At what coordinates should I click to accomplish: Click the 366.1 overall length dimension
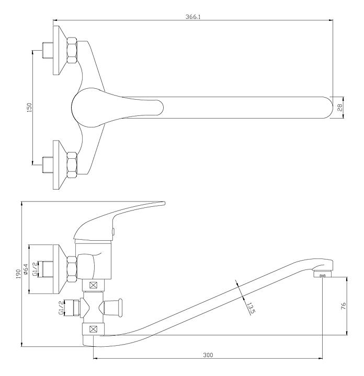pos(193,17)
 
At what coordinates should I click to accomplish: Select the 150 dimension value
pos(29,108)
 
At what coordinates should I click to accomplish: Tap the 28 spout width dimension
pos(340,108)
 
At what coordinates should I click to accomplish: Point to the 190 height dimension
pos(18,274)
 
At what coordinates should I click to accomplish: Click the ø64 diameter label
pos(26,269)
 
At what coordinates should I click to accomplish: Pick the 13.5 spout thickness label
pos(251,308)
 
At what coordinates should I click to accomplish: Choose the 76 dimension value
pos(344,305)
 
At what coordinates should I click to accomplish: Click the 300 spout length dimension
pos(208,355)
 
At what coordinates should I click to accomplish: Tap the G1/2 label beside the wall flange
pos(35,269)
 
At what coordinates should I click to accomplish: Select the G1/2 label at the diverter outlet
pos(61,308)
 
